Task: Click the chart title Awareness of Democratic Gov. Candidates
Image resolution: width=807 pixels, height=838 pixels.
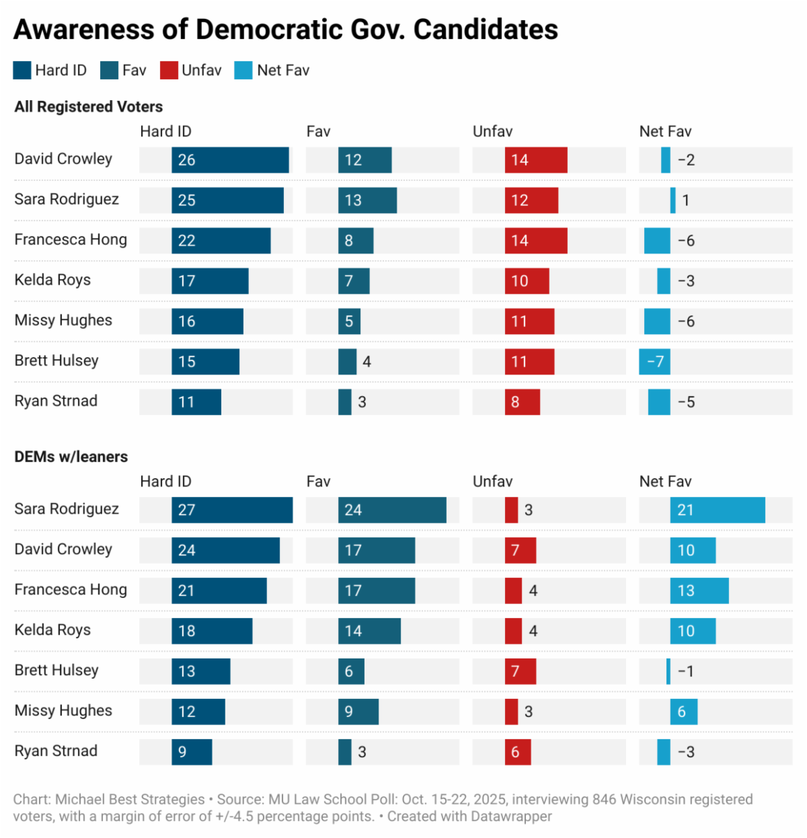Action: [x=286, y=30]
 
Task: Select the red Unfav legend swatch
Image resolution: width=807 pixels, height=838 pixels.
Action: [x=169, y=71]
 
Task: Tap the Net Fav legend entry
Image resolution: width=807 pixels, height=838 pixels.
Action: [x=272, y=71]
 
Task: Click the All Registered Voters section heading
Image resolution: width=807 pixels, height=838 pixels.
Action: [x=89, y=107]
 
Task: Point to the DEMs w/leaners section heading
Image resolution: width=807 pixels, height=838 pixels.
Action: [x=71, y=457]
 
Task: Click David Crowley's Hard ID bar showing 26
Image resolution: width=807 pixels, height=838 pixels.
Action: [x=230, y=160]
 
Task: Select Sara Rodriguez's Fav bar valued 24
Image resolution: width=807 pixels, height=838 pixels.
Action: [x=392, y=510]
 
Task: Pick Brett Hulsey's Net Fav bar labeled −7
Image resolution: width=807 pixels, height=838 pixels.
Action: [x=654, y=362]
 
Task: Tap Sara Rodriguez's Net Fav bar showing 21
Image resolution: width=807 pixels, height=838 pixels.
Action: [x=718, y=510]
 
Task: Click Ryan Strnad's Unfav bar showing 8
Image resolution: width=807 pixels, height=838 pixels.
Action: [x=523, y=402]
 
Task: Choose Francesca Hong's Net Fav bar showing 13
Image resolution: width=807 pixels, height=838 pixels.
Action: [x=699, y=591]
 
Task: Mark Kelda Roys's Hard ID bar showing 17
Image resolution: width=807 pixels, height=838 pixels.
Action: [x=210, y=281]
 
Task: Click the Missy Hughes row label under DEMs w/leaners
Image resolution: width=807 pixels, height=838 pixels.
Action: [x=63, y=711]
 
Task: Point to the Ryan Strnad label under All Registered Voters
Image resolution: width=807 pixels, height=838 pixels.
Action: [x=56, y=402]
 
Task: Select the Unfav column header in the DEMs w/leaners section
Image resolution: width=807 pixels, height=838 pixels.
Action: [x=492, y=482]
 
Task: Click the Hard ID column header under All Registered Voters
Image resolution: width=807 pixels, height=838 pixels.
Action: [x=165, y=132]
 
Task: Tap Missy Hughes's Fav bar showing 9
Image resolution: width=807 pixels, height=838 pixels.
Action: [x=358, y=712]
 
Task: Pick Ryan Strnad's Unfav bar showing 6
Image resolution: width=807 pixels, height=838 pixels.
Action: [x=518, y=752]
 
